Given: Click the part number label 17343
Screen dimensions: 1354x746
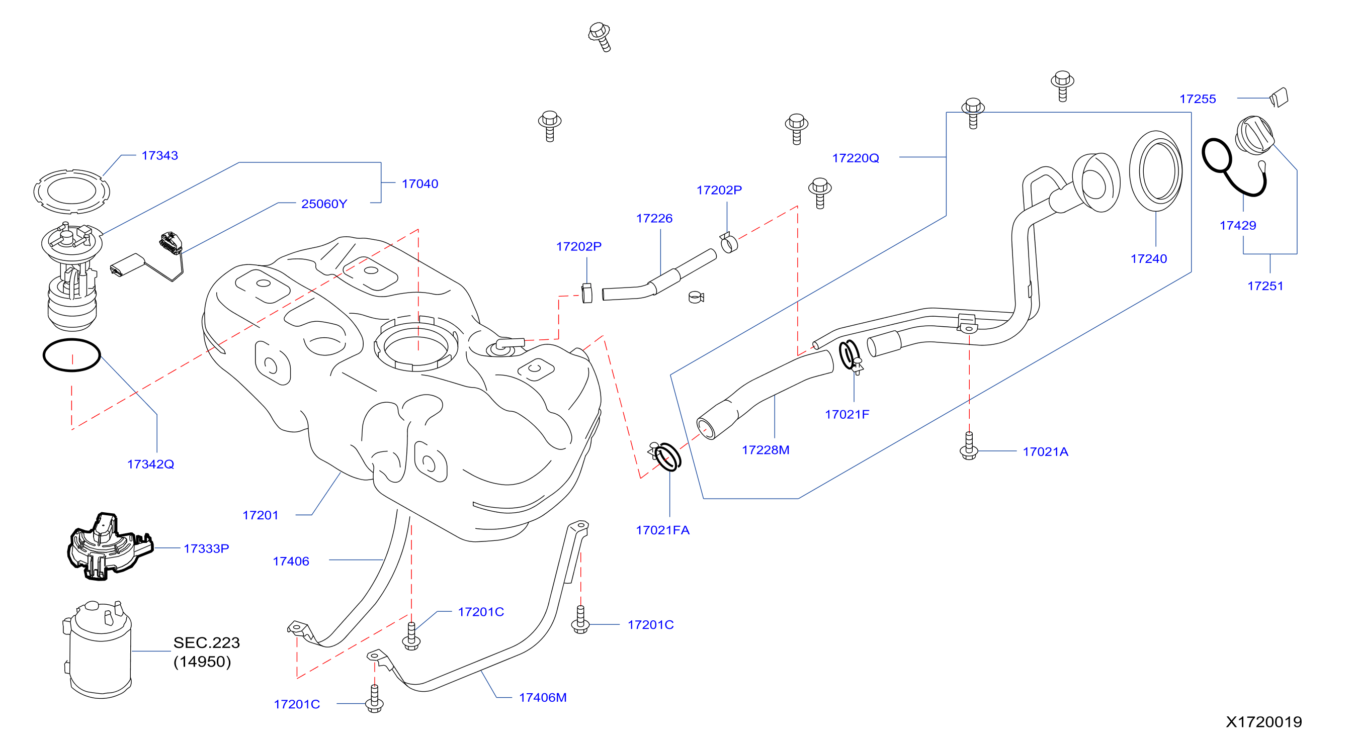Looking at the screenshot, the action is (x=160, y=155).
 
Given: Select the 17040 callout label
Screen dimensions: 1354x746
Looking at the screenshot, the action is (x=420, y=184).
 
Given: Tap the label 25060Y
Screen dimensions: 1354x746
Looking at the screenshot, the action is (x=324, y=204).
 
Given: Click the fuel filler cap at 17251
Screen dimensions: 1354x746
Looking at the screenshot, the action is (x=1254, y=135).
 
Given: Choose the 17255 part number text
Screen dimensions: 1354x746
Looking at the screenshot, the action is (x=1198, y=99).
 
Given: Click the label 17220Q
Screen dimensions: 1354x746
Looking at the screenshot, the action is (x=856, y=158).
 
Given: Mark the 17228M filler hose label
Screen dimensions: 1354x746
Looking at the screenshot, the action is (x=766, y=450).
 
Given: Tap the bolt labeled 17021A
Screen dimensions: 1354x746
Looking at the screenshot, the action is (x=969, y=446).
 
